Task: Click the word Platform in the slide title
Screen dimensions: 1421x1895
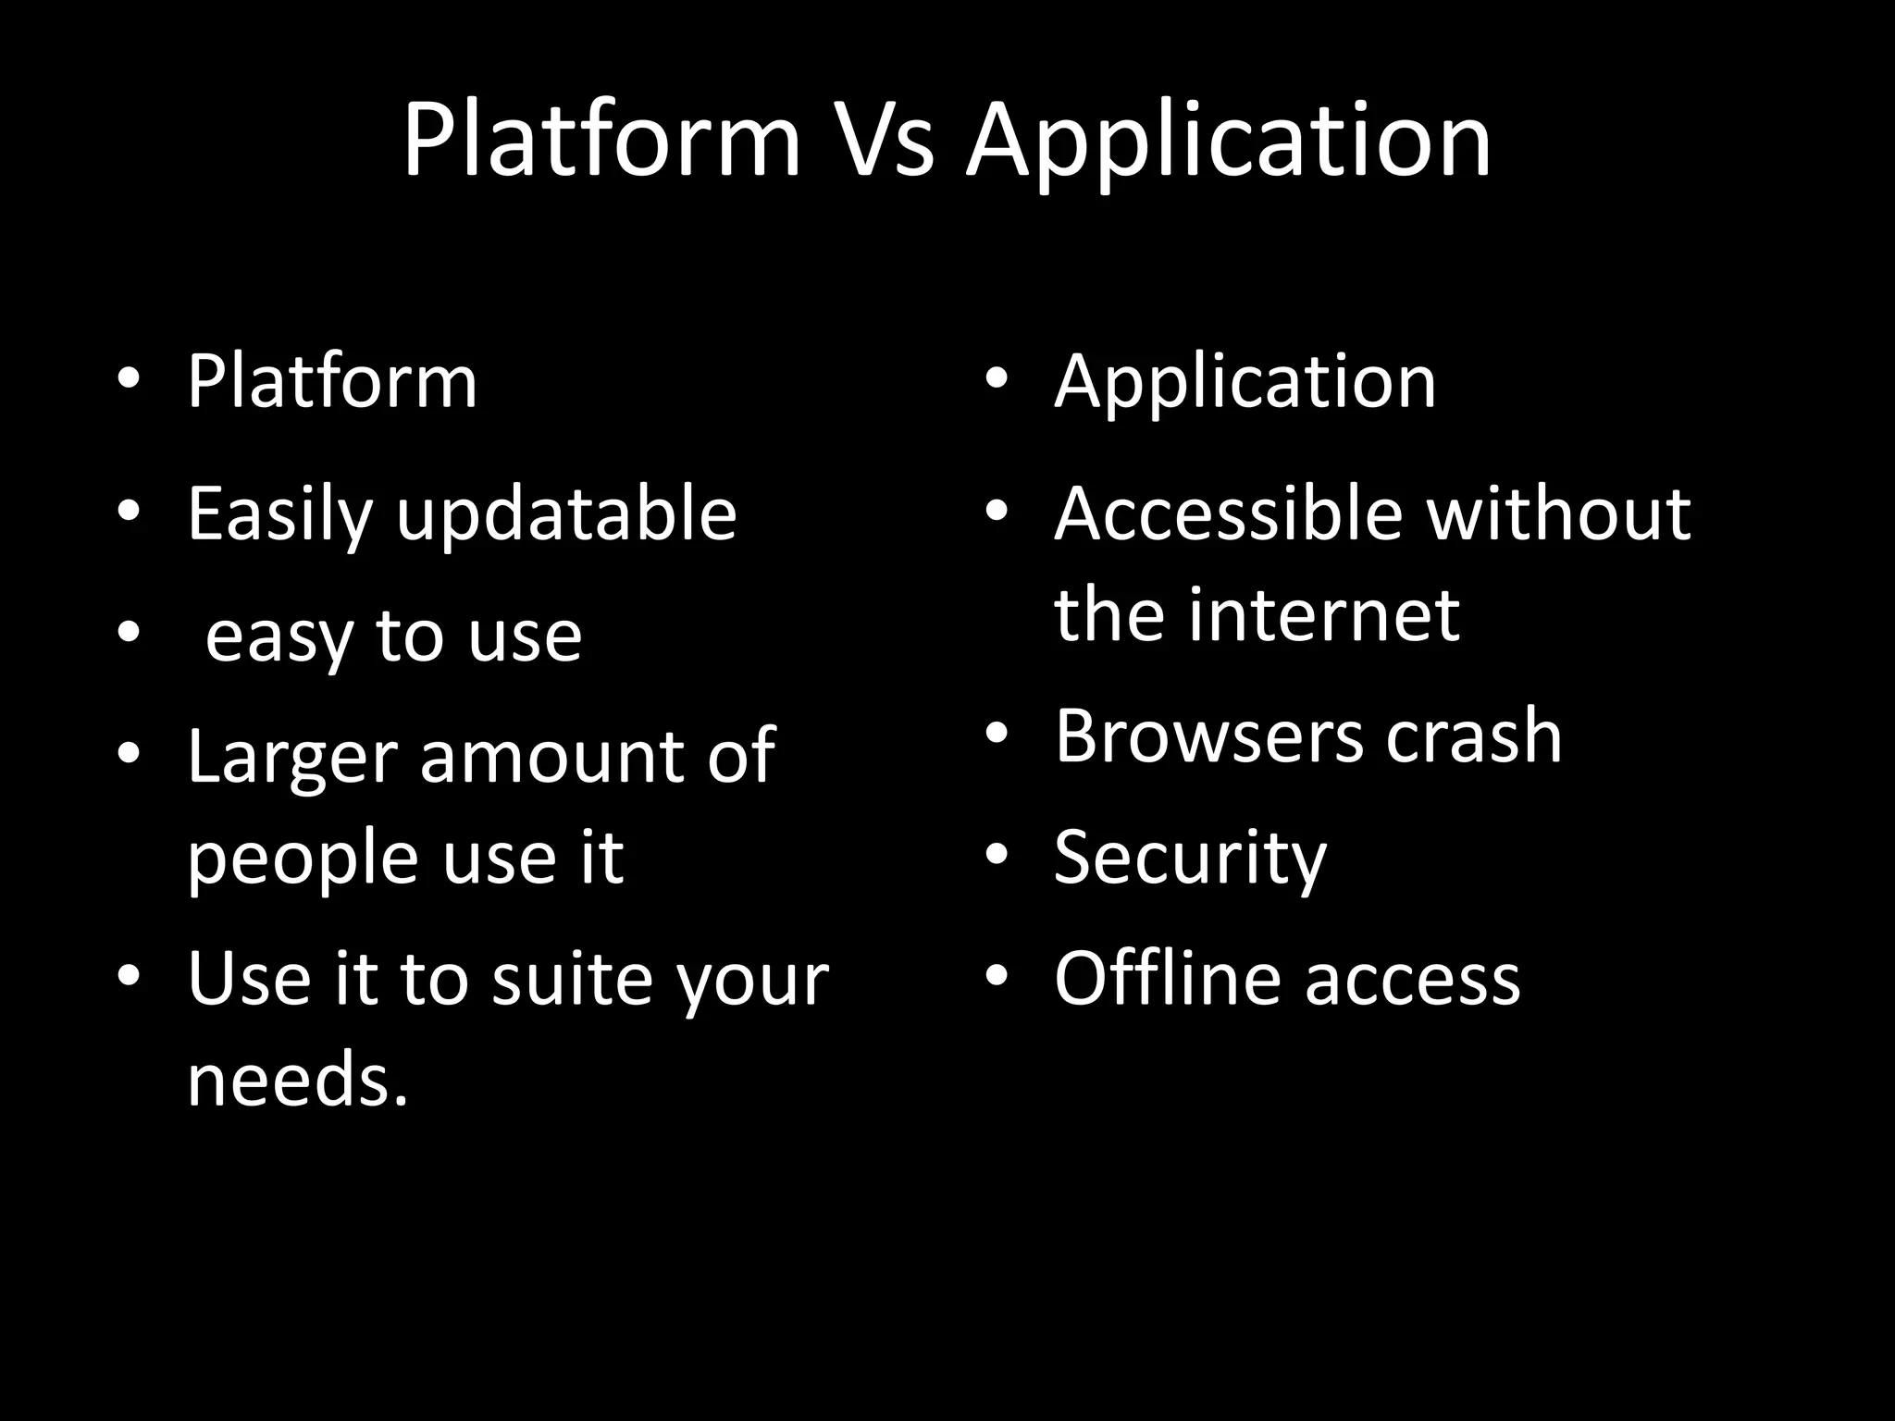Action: click(x=601, y=141)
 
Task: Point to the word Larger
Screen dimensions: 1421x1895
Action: click(x=291, y=757)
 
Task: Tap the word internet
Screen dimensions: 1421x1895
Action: click(x=1323, y=614)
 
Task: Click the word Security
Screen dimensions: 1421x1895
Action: click(x=1190, y=859)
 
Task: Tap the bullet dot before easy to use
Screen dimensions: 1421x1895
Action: click(x=129, y=633)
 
